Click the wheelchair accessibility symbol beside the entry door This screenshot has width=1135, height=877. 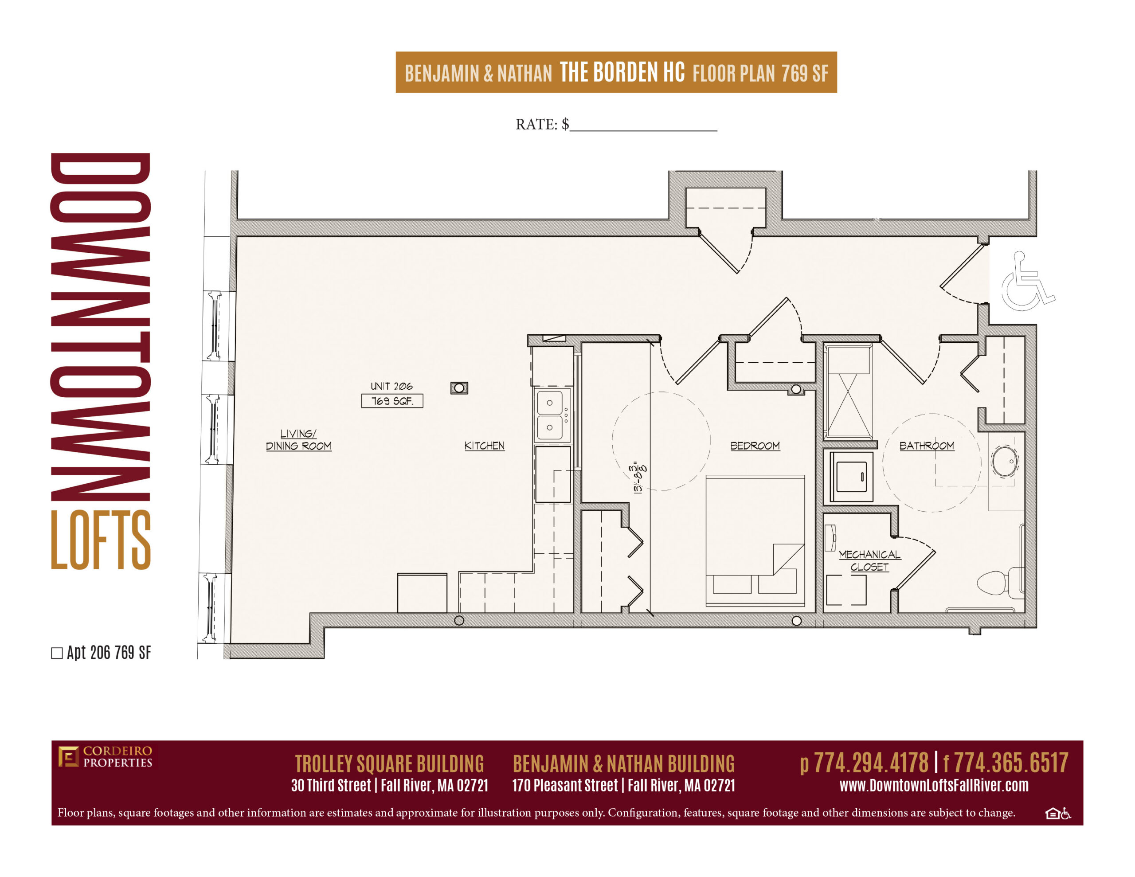click(1027, 281)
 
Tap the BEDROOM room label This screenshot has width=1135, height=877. click(755, 446)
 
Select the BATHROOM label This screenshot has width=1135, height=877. click(927, 446)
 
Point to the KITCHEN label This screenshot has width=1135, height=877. click(484, 446)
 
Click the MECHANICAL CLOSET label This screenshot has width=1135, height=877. click(869, 560)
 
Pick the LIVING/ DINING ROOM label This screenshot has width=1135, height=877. click(298, 440)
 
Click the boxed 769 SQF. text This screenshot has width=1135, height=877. click(392, 401)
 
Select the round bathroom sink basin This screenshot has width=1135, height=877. click(1005, 461)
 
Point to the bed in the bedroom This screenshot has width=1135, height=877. click(755, 540)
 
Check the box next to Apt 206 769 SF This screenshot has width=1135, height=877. click(57, 653)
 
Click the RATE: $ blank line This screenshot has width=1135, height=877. click(643, 130)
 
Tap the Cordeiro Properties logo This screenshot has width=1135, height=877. click(105, 757)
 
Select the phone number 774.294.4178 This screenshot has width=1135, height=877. click(871, 763)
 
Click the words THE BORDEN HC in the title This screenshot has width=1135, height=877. click(622, 72)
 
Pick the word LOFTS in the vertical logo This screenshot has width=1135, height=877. click(101, 540)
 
